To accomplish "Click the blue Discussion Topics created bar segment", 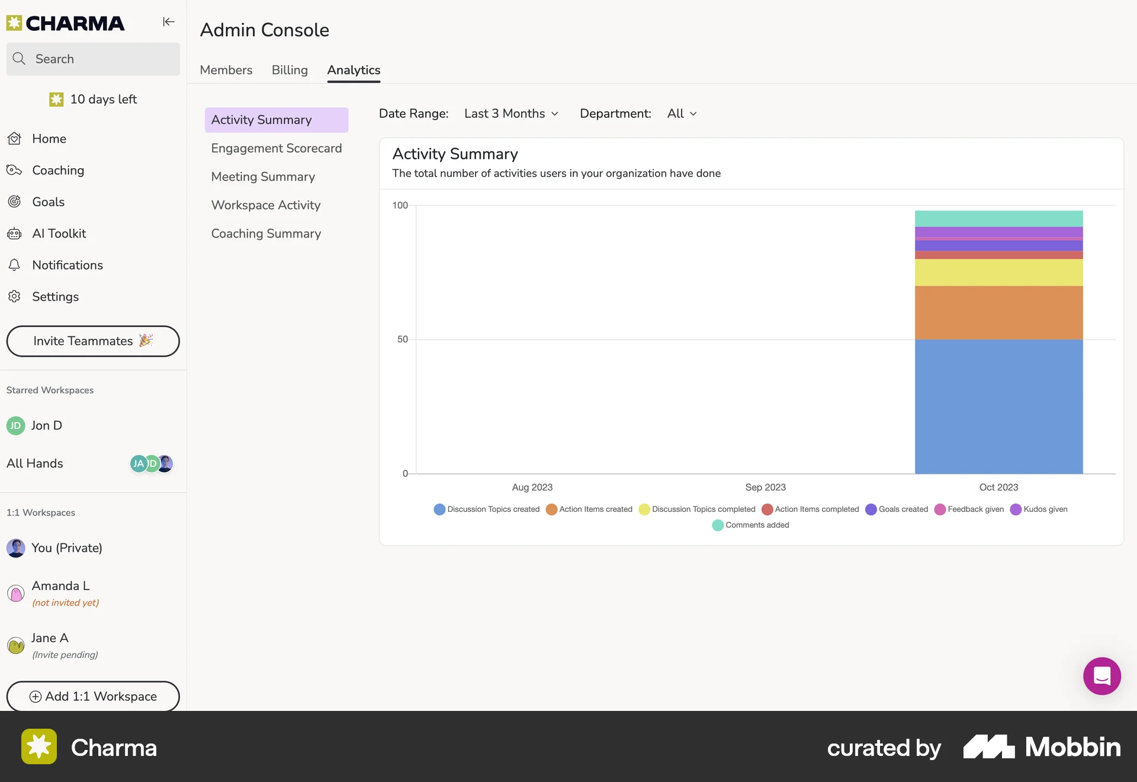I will point(998,406).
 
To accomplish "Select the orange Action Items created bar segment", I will point(998,313).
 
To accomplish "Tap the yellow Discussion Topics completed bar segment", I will point(998,273).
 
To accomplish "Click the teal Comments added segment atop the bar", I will point(998,218).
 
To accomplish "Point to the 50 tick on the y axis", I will point(402,339).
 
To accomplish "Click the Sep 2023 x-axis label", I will point(765,487).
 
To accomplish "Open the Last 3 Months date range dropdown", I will point(511,114).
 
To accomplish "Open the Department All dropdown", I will point(682,114).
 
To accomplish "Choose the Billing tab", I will point(290,70).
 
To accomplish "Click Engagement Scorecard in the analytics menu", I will point(276,148).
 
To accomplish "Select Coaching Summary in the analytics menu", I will point(266,233).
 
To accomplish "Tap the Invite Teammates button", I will point(93,341).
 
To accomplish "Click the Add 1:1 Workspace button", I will point(93,696).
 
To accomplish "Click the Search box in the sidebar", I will point(93,59).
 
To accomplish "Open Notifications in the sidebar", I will point(67,265).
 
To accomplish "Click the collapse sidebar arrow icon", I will point(169,22).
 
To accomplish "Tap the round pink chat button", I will point(1101,676).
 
